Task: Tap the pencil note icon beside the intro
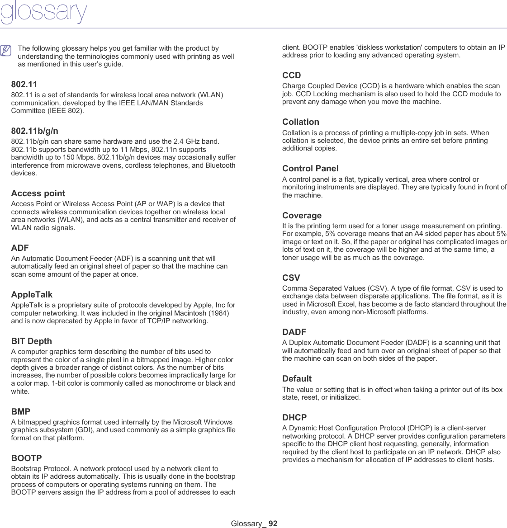pyautogui.click(x=6, y=50)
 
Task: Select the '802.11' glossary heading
pyautogui.click(x=24, y=85)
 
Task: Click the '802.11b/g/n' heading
pyautogui.click(x=34, y=131)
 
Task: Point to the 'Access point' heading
pyautogui.click(x=38, y=193)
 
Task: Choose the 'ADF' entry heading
pyautogui.click(x=20, y=248)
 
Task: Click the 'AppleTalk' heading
pyautogui.click(x=32, y=295)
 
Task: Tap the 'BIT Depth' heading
pyautogui.click(x=31, y=341)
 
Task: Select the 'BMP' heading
pyautogui.click(x=21, y=412)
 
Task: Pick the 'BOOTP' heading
pyautogui.click(x=26, y=458)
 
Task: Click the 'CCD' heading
pyautogui.click(x=291, y=75)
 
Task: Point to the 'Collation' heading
pyautogui.click(x=300, y=122)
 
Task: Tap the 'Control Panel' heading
pyautogui.click(x=310, y=169)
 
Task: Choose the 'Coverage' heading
pyautogui.click(x=302, y=216)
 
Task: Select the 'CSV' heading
pyautogui.click(x=291, y=278)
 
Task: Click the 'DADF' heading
pyautogui.click(x=294, y=332)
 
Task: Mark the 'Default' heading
pyautogui.click(x=297, y=379)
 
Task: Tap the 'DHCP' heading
pyautogui.click(x=294, y=418)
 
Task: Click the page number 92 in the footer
pyautogui.click(x=273, y=523)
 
